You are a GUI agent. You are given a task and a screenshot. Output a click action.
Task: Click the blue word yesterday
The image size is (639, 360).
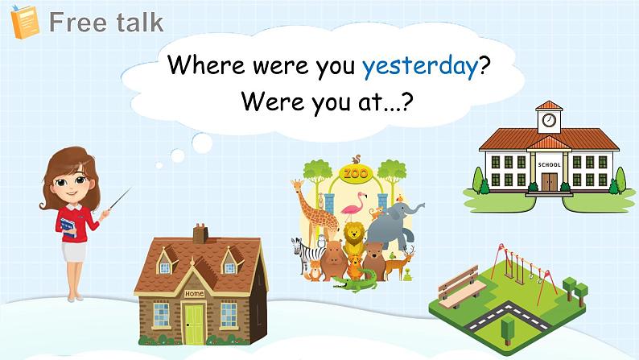coord(420,67)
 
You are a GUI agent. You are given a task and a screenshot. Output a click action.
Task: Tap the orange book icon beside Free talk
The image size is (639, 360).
coord(25,22)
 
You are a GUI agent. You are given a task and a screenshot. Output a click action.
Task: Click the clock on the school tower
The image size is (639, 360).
coord(549,120)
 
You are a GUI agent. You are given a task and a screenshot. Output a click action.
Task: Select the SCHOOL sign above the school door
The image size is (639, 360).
coord(549,165)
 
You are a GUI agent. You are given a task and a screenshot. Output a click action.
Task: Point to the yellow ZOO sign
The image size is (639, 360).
coord(356,174)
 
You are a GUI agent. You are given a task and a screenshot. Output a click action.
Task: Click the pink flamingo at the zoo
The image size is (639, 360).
coord(353,207)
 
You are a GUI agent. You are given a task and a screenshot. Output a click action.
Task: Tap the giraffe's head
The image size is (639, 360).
coord(297,185)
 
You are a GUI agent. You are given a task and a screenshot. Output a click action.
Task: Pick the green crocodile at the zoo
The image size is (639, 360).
coord(354,282)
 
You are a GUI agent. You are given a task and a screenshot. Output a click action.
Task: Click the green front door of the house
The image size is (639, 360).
coord(194,324)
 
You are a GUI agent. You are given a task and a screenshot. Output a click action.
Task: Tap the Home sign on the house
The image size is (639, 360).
coord(195,293)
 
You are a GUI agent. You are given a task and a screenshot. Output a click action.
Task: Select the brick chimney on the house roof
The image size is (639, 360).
coord(200,234)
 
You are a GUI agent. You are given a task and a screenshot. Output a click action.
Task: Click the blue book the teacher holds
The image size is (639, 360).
coord(68,227)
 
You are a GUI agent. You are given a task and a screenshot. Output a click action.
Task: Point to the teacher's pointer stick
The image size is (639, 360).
coord(120,198)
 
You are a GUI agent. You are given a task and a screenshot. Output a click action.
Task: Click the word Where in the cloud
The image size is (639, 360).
coord(206,64)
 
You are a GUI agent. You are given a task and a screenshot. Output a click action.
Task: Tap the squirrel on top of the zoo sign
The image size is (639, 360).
coord(357,159)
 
